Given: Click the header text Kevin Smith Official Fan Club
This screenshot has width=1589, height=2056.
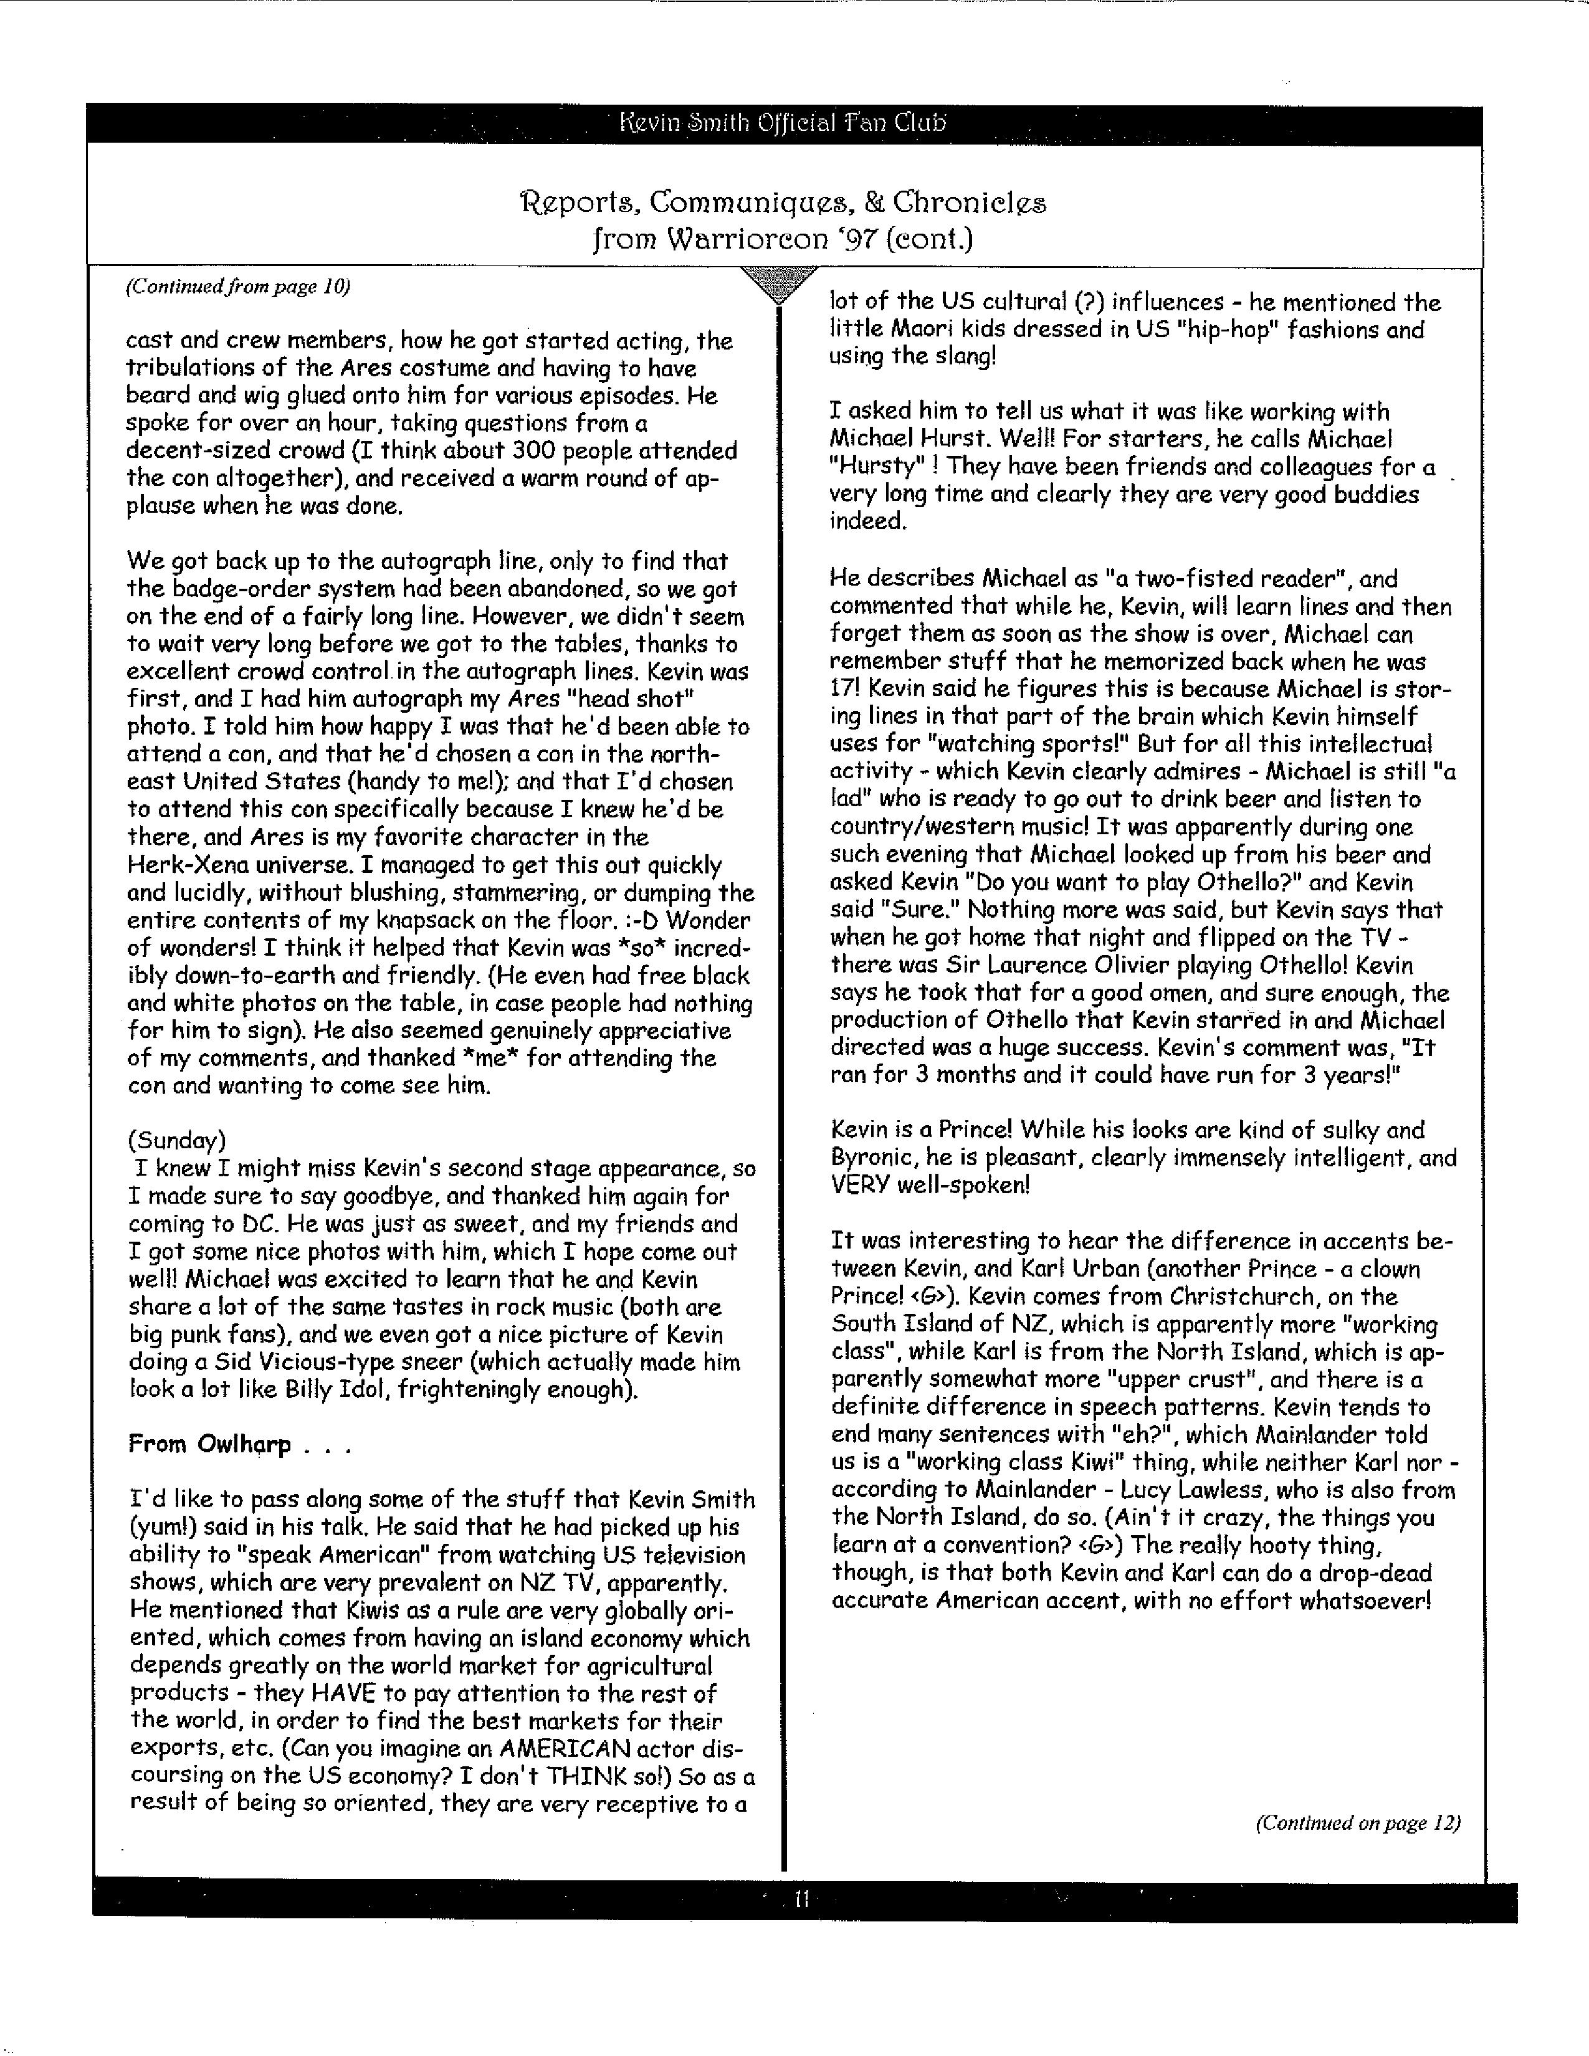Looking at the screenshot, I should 783,123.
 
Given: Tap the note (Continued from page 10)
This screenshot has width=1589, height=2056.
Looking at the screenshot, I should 237,287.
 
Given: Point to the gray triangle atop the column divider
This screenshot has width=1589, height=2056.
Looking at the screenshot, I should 778,283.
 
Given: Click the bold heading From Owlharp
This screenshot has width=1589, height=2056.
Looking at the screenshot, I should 209,1444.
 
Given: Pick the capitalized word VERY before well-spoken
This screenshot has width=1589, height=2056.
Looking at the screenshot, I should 859,1185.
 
